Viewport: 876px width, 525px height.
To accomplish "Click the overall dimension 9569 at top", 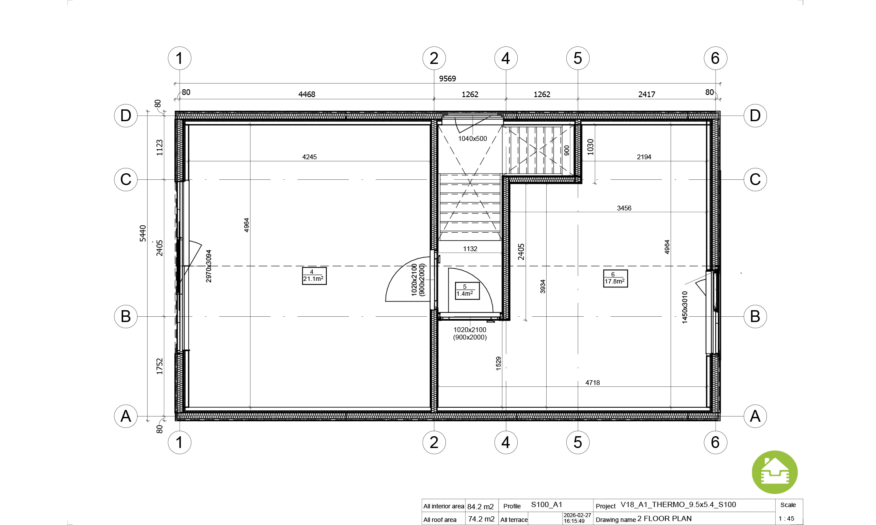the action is [447, 79].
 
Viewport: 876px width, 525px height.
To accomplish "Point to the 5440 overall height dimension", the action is [143, 233].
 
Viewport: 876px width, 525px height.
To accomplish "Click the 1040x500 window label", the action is [472, 139].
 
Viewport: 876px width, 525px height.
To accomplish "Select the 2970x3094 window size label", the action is [208, 266].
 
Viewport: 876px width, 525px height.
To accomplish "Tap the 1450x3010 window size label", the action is [685, 307].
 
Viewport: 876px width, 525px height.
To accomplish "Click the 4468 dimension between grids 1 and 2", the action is [307, 94].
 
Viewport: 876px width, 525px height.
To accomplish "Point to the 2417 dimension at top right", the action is [646, 94].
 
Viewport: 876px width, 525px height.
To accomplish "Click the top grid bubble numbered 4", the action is [506, 58].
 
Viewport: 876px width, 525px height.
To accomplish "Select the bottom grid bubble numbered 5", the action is [578, 442].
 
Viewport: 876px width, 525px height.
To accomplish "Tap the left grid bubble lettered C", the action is [126, 179].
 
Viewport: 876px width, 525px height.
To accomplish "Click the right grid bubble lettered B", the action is [755, 316].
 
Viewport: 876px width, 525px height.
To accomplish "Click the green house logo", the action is [775, 472].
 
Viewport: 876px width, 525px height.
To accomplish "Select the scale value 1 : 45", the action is [786, 518].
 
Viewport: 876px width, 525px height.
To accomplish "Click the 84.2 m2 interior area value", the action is [480, 507].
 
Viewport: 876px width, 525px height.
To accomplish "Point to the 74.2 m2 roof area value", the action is [481, 519].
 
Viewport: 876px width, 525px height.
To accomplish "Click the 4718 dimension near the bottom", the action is [593, 383].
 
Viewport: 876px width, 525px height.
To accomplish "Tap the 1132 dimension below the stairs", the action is [470, 249].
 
